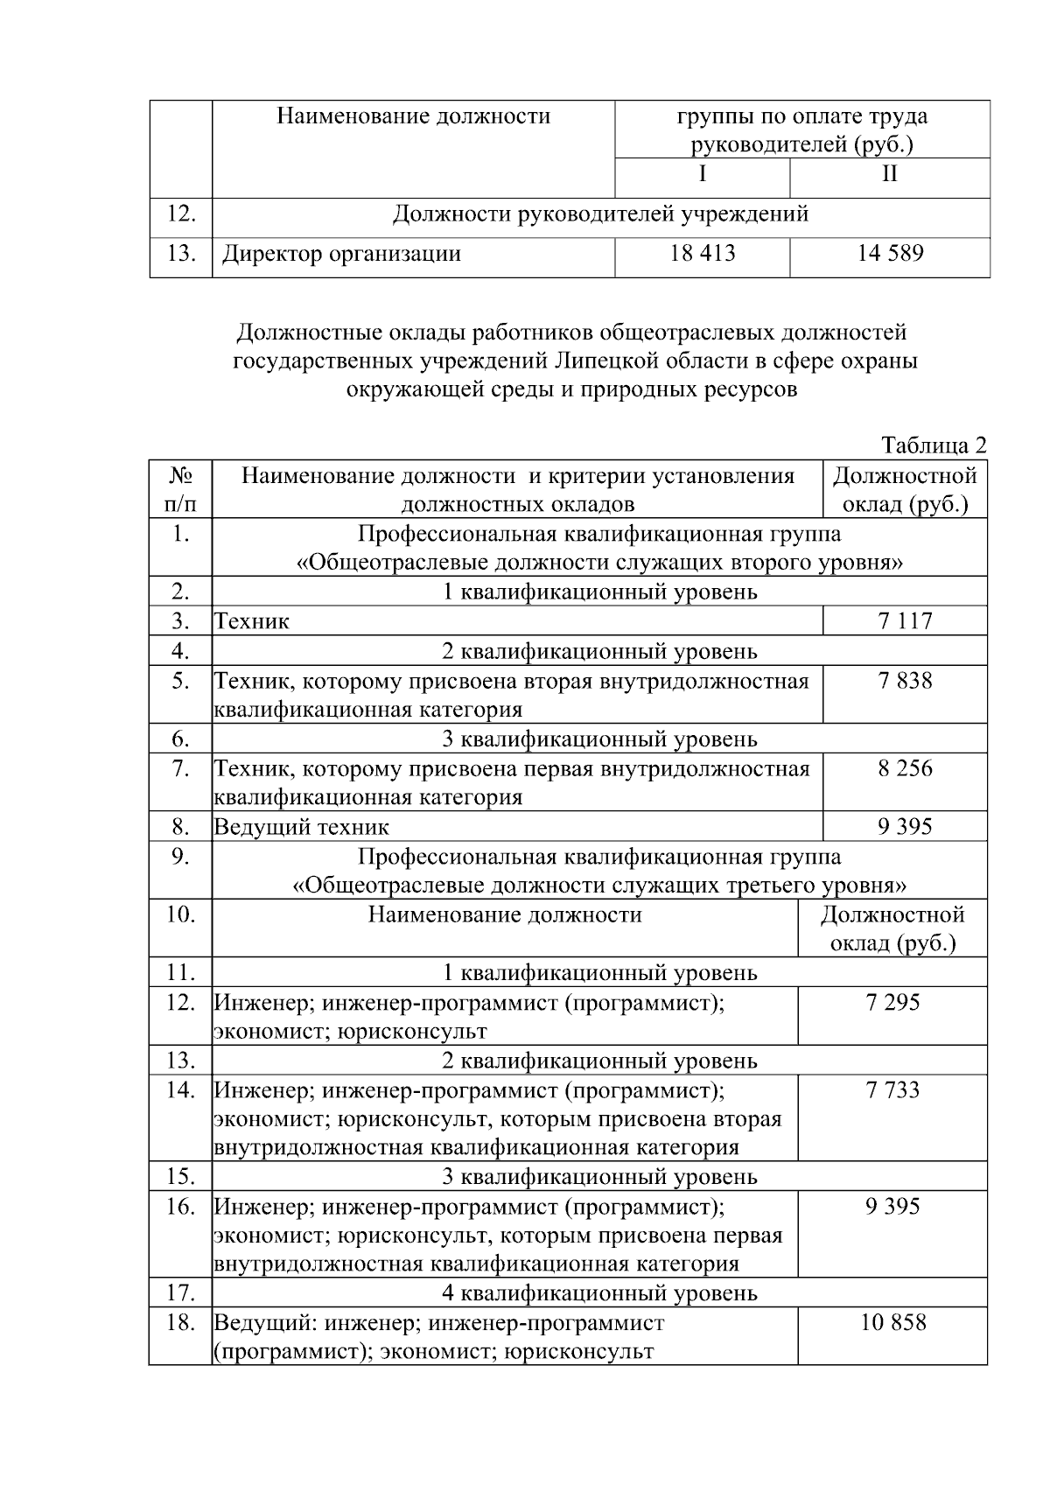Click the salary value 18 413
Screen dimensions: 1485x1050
click(x=702, y=254)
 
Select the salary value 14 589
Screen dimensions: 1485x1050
click(x=889, y=254)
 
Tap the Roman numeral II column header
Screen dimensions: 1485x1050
click(x=889, y=173)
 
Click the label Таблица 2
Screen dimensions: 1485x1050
click(x=934, y=445)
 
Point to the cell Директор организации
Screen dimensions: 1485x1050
click(x=341, y=255)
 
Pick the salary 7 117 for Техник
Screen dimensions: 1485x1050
click(x=905, y=621)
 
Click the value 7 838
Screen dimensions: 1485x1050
click(x=905, y=681)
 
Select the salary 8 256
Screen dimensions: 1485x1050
click(x=905, y=768)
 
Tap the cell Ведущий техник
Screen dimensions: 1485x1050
click(x=302, y=827)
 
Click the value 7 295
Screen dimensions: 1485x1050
click(x=892, y=1002)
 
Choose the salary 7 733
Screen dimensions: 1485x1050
click(x=892, y=1089)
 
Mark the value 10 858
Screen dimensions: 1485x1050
click(x=892, y=1322)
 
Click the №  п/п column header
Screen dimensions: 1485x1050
click(x=180, y=490)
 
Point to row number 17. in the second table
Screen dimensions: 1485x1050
click(x=180, y=1292)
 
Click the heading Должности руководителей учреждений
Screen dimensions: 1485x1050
click(x=600, y=214)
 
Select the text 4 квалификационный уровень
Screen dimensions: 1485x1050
click(x=599, y=1293)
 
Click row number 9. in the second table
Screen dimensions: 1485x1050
click(x=180, y=857)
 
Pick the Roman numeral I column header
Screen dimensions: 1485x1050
click(x=702, y=173)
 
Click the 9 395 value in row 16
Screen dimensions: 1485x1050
click(x=892, y=1206)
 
